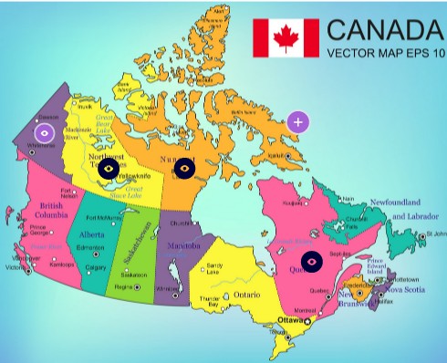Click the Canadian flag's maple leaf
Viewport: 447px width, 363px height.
(x=286, y=37)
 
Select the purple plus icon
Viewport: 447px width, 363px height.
(x=297, y=121)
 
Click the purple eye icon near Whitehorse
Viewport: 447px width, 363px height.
(x=43, y=132)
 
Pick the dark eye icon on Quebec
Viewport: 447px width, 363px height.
(x=312, y=262)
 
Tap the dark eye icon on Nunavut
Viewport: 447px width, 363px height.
(x=184, y=168)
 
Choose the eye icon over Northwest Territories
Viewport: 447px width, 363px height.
(x=109, y=168)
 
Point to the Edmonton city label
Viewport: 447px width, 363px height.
(x=91, y=248)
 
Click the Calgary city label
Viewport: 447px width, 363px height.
(x=96, y=267)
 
